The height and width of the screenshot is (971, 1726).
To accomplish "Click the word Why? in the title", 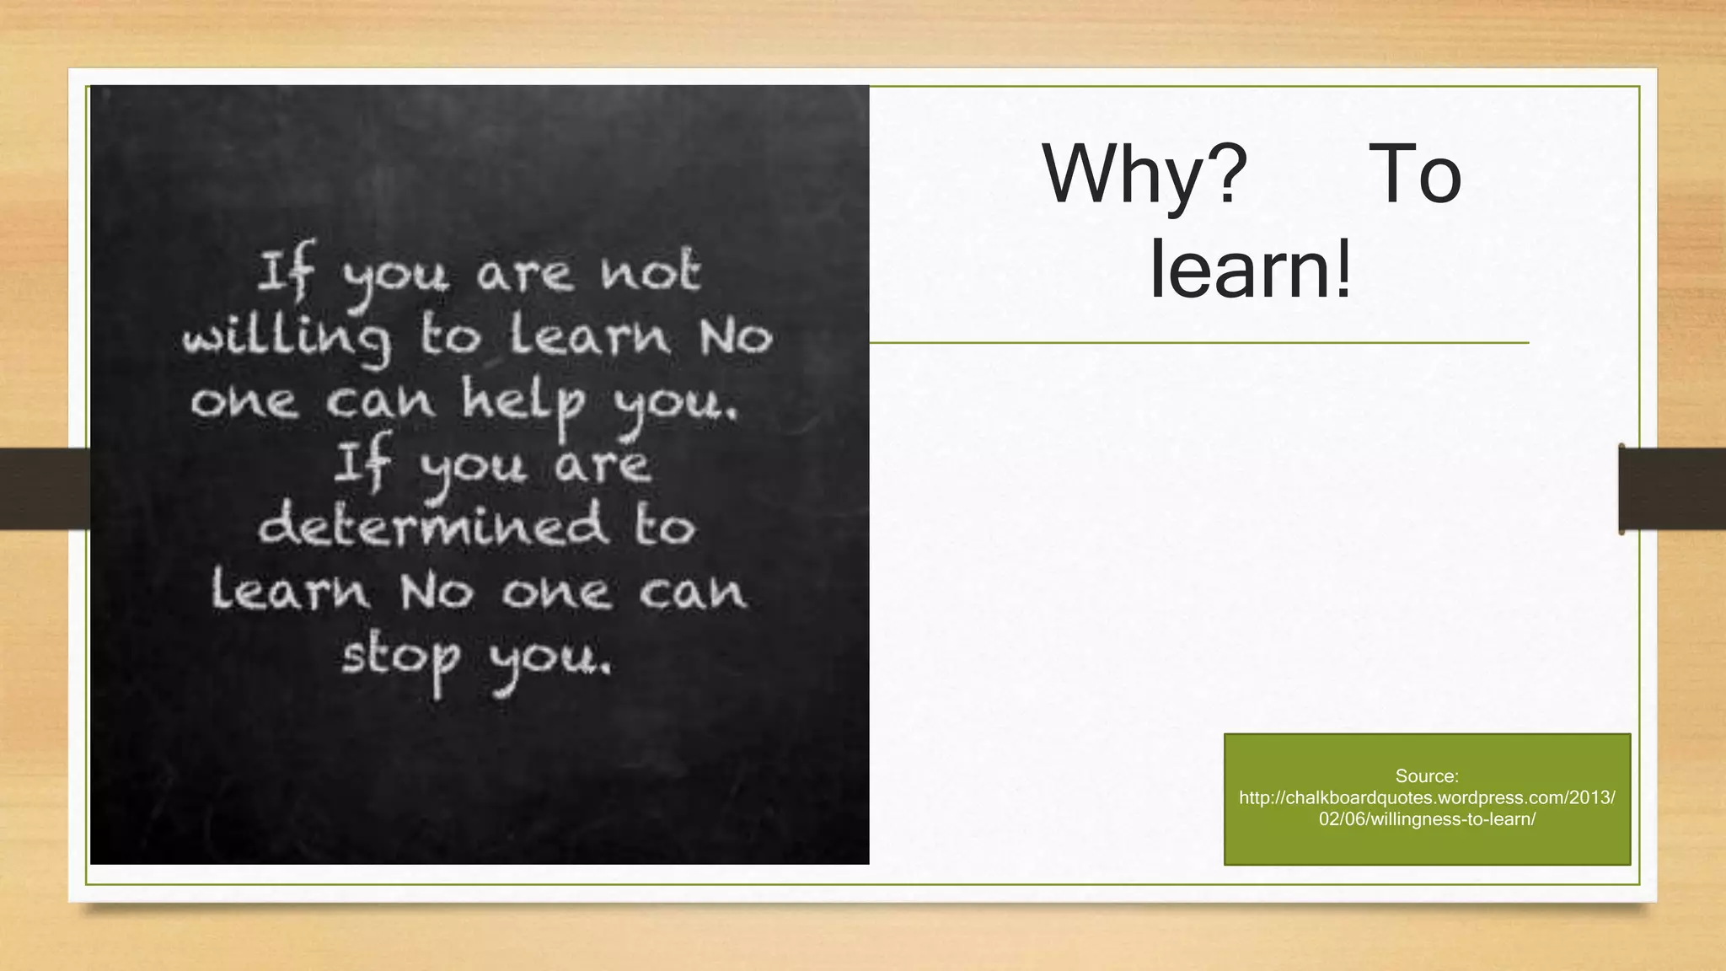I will (x=1144, y=174).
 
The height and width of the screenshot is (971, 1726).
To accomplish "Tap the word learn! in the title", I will (x=1251, y=269).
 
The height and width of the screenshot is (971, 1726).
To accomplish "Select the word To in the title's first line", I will (x=1414, y=174).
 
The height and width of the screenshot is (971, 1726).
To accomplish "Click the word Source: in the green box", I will (x=1426, y=776).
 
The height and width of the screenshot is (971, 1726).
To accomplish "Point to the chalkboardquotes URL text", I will (x=1426, y=798).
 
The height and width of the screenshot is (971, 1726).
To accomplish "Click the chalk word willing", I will (x=287, y=341).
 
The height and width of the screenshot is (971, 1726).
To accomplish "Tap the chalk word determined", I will (x=432, y=527).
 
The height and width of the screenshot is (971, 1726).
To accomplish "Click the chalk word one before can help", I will (x=244, y=403).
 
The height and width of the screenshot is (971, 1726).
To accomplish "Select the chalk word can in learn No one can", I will (x=692, y=593).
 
